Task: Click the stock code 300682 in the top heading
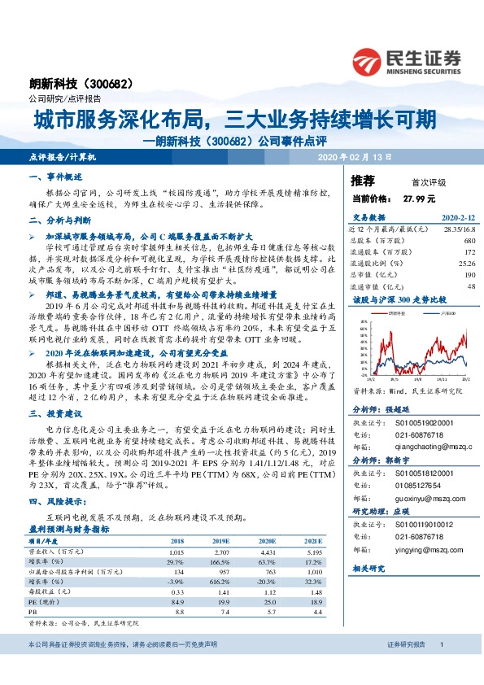tap(109, 83)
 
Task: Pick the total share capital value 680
tap(469, 241)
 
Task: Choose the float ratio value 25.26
tap(466, 264)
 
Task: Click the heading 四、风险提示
tap(54, 503)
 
